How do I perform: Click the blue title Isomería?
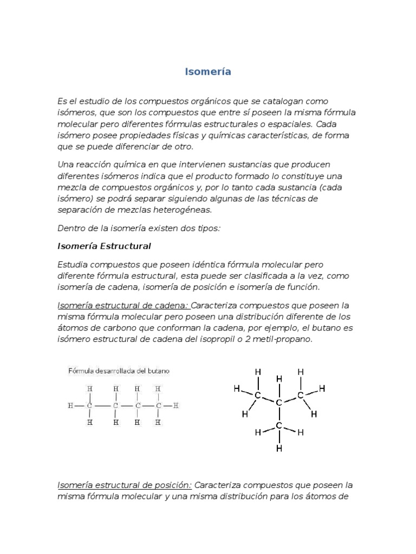point(208,72)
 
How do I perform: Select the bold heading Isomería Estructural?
point(104,246)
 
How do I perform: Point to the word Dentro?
point(70,228)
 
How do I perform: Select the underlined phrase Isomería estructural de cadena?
point(123,305)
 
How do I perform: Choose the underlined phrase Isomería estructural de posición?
point(125,485)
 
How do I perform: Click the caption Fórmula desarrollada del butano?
point(119,371)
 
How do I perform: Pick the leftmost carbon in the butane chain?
point(90,405)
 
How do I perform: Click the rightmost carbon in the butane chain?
point(158,405)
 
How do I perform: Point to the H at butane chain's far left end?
point(70,405)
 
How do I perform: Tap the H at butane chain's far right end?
point(177,405)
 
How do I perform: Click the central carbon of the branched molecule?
point(279,403)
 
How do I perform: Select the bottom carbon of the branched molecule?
point(279,426)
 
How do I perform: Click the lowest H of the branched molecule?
point(279,449)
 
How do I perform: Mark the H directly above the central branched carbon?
point(279,379)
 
